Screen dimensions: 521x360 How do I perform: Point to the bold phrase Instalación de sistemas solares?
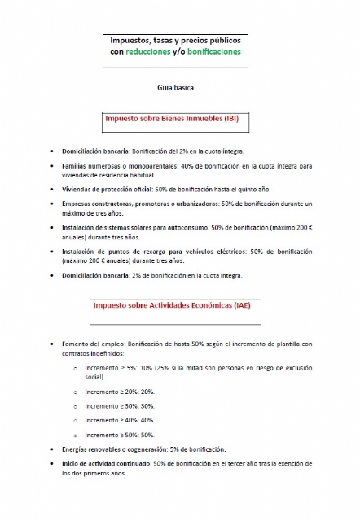[114, 228]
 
